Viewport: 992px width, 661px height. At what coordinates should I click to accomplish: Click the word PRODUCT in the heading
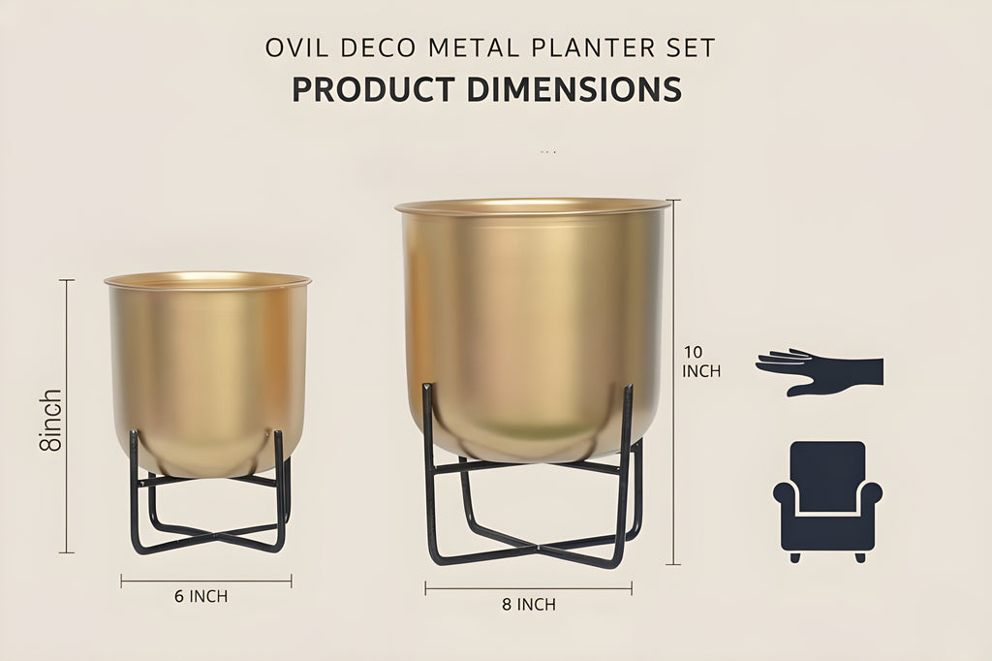[x=374, y=89]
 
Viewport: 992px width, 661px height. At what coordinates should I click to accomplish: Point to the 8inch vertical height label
[x=50, y=420]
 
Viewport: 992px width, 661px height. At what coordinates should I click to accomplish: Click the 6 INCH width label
[x=201, y=596]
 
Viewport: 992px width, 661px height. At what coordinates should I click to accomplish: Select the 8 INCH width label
[x=529, y=605]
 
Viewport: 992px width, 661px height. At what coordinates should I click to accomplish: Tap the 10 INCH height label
[x=701, y=362]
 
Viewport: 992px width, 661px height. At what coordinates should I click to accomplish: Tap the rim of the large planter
[x=532, y=206]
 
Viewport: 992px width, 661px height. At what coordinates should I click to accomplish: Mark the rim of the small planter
[x=207, y=280]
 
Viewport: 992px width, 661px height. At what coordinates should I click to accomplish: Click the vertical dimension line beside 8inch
[x=67, y=417]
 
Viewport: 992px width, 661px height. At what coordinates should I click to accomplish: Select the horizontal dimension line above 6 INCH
[x=206, y=582]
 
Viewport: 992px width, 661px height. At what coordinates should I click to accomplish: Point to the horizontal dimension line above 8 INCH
[x=528, y=587]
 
